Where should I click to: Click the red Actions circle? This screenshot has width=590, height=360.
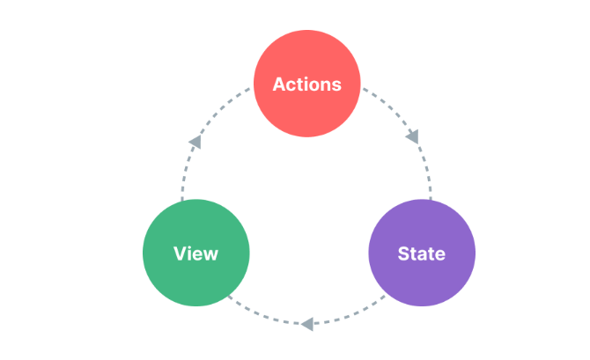307,84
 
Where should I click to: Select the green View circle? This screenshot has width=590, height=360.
196,253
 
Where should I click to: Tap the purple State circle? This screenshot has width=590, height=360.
422,253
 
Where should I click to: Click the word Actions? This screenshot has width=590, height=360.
307,84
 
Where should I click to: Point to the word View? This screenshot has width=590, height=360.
195,253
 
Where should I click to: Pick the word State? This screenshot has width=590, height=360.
422,253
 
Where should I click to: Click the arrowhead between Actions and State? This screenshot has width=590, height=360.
412,137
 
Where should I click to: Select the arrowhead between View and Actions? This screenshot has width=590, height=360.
195,142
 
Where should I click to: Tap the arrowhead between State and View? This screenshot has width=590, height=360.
307,324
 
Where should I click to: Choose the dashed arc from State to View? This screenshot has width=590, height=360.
307,324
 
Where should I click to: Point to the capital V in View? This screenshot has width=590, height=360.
181,253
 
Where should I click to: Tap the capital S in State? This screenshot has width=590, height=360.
404,253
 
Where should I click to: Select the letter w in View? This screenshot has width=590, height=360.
210,255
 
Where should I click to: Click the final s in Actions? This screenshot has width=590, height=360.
336,86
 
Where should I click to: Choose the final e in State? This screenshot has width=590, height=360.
439,255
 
